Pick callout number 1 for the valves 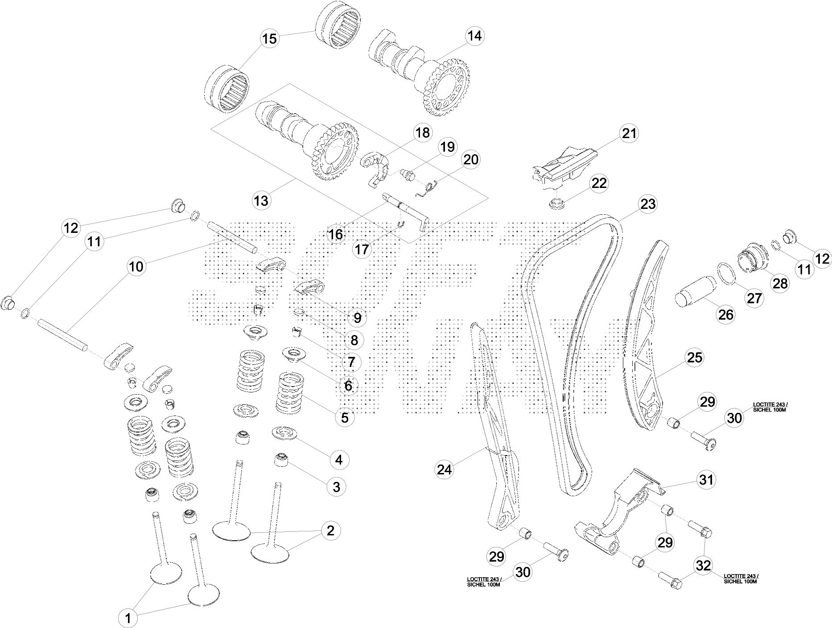coord(128,618)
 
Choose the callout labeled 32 coord(704,566)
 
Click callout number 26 coord(726,314)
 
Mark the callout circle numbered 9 coord(357,318)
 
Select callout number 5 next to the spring coord(345,417)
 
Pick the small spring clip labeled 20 coord(428,188)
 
